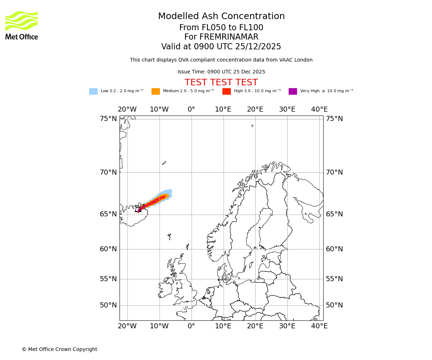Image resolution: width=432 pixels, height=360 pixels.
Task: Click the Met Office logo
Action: [x=22, y=25]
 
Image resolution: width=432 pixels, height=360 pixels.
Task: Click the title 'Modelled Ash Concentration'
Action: [x=221, y=17]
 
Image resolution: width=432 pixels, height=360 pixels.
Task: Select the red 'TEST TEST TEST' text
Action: [x=221, y=82]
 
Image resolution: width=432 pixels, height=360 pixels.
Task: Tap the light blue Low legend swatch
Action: [x=93, y=91]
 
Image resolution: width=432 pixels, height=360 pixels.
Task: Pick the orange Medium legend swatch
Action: [x=156, y=91]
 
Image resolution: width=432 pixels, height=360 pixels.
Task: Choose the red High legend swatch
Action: [x=226, y=91]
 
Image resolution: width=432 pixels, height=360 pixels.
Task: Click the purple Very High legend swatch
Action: [x=293, y=91]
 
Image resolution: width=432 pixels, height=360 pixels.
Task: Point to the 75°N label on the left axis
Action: [x=108, y=119]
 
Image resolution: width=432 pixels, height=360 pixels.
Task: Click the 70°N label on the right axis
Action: [x=334, y=172]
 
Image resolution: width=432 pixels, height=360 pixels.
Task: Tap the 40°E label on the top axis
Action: [x=319, y=109]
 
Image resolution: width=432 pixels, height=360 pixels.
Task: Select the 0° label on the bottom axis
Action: [x=191, y=326]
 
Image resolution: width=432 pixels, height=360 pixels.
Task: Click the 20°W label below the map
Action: [x=127, y=326]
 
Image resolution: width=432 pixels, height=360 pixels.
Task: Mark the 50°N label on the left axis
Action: [x=108, y=305]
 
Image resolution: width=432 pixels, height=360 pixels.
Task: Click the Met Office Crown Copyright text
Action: [x=59, y=349]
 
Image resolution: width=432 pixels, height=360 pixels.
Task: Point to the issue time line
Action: [x=221, y=72]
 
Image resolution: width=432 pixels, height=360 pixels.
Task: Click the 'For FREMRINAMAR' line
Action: [x=221, y=37]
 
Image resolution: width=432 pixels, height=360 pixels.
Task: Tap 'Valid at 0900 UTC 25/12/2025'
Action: [x=221, y=47]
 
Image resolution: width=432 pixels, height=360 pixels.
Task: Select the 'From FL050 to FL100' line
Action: [x=221, y=28]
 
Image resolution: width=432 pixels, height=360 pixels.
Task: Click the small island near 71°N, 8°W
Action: [x=164, y=163]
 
